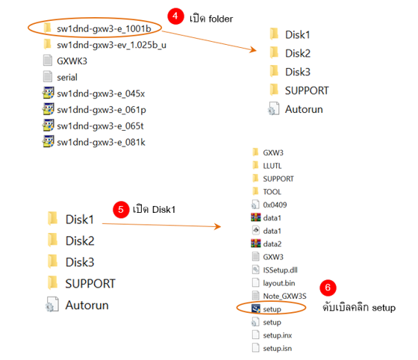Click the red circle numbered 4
pyautogui.click(x=175, y=16)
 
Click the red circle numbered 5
pyautogui.click(x=121, y=209)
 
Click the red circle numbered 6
pyautogui.click(x=328, y=288)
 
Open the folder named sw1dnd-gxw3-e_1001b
pyautogui.click(x=97, y=28)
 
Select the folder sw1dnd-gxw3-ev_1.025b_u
pyautogui.click(x=104, y=45)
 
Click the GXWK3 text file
pyautogui.click(x=65, y=60)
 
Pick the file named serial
pyautogui.click(x=60, y=77)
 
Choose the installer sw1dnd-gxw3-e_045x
pyautogui.click(x=93, y=93)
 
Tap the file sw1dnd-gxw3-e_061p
pyautogui.click(x=94, y=110)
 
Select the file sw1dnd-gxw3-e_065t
pyautogui.click(x=93, y=126)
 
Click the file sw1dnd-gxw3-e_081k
pyautogui.click(x=94, y=142)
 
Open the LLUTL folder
pyautogui.click(x=266, y=166)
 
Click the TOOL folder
pyautogui.click(x=266, y=191)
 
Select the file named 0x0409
pyautogui.click(x=269, y=205)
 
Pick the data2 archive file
pyautogui.click(x=266, y=243)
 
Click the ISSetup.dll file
pyautogui.click(x=275, y=270)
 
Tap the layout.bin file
pyautogui.click(x=273, y=282)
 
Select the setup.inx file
pyautogui.click(x=272, y=335)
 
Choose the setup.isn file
pyautogui.click(x=272, y=348)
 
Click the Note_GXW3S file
pyautogui.click(x=279, y=296)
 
